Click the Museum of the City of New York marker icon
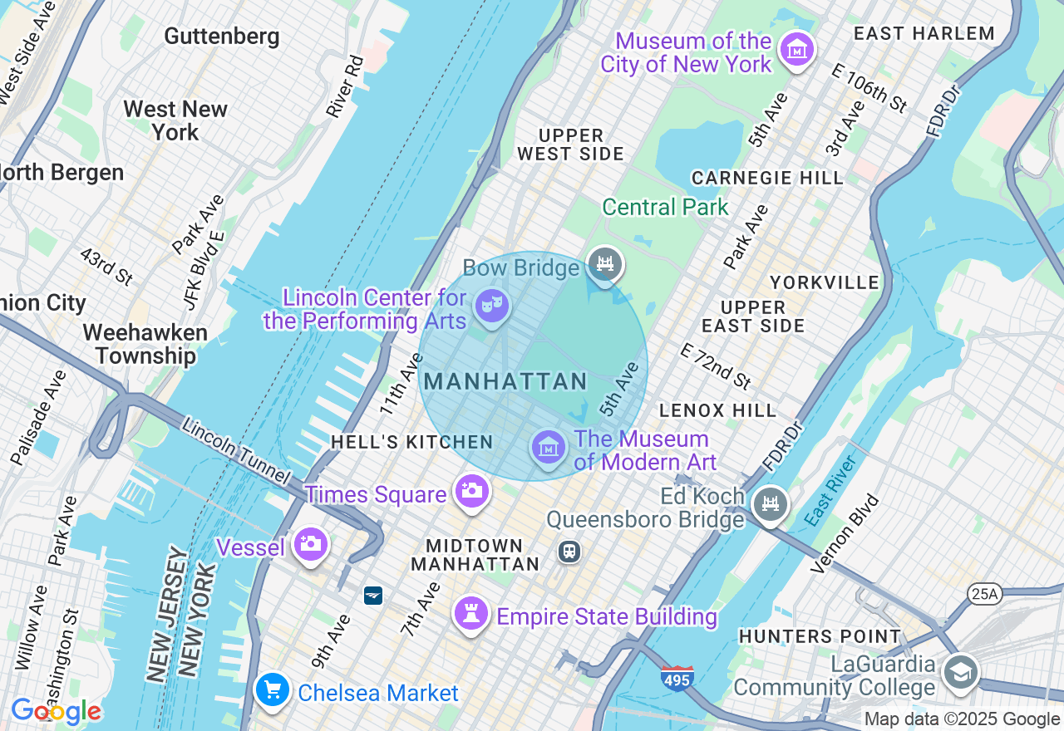[796, 50]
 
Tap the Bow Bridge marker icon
[604, 264]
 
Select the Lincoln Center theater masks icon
[491, 306]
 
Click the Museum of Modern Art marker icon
[548, 448]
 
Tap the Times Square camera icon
[471, 491]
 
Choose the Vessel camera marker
[310, 544]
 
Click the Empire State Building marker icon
[471, 614]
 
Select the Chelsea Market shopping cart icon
[272, 689]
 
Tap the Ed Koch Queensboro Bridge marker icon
[770, 503]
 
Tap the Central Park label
[665, 207]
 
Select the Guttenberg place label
[222, 37]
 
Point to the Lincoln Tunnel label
[236, 452]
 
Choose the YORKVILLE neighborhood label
[824, 282]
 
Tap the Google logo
[56, 711]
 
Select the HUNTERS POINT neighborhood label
[820, 637]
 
